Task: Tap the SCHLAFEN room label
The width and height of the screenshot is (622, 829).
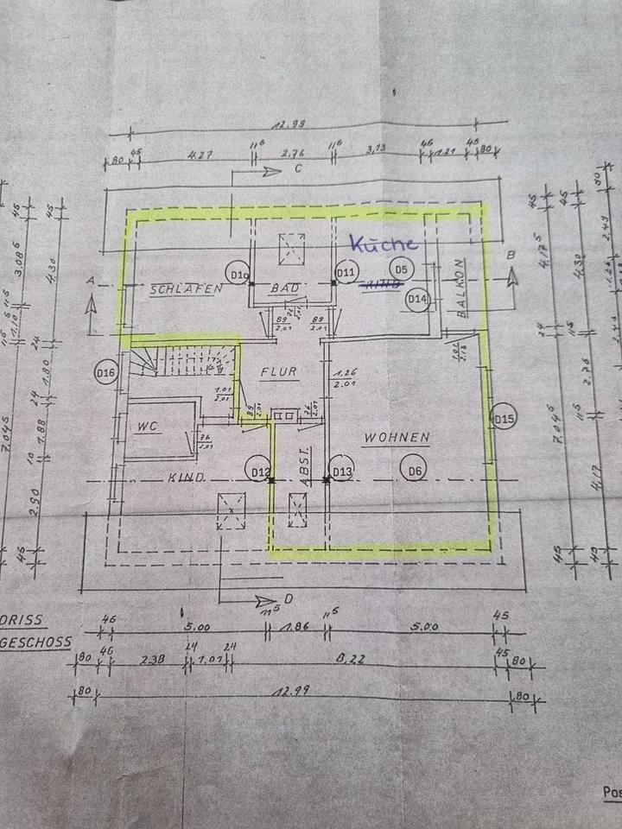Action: (181, 288)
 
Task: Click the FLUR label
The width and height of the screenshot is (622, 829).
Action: (279, 373)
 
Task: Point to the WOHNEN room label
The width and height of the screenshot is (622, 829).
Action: (396, 439)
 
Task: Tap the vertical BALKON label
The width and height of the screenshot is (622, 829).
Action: (463, 289)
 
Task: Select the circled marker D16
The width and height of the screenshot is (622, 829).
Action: (106, 373)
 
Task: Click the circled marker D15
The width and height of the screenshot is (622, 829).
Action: (504, 420)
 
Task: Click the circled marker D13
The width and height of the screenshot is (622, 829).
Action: (343, 471)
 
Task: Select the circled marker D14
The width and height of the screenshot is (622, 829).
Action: (418, 299)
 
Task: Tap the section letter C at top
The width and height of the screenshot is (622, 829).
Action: (296, 169)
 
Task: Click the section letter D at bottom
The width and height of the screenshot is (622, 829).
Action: (289, 598)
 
